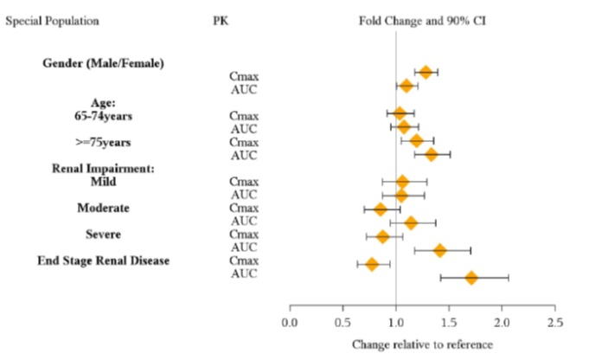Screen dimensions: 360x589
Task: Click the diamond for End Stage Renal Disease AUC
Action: [x=471, y=278]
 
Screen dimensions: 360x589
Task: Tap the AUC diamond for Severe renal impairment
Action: [x=439, y=250]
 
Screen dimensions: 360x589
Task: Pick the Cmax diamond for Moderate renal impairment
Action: [x=380, y=209]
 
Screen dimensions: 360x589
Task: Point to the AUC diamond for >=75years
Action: [x=431, y=154]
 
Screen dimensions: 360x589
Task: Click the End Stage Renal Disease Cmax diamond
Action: [x=372, y=264]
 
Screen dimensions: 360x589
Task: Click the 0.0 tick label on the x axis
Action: [x=289, y=323]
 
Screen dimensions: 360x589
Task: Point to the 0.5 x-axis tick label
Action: [x=343, y=323]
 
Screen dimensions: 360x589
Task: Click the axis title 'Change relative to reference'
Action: [x=422, y=344]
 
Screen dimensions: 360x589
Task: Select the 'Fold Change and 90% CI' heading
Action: [x=422, y=20]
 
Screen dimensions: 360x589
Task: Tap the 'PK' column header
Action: [x=220, y=20]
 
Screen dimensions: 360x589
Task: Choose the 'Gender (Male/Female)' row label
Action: [x=104, y=63]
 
